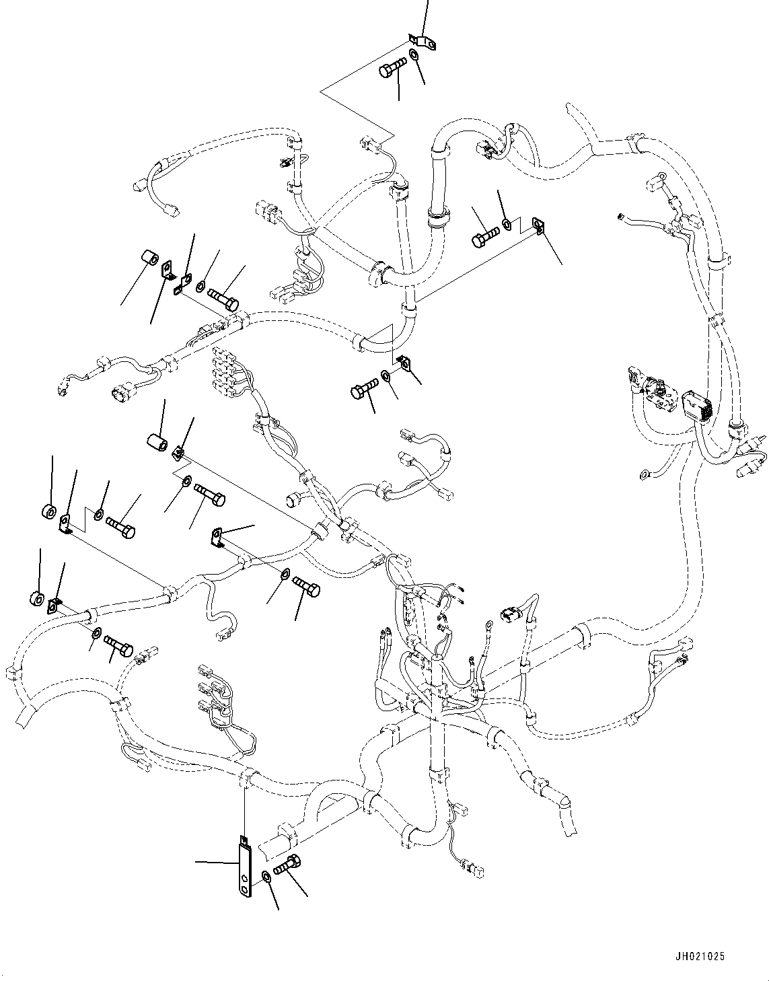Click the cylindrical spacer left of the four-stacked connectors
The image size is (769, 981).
(x=157, y=443)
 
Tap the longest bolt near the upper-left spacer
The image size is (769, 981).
(x=224, y=297)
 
